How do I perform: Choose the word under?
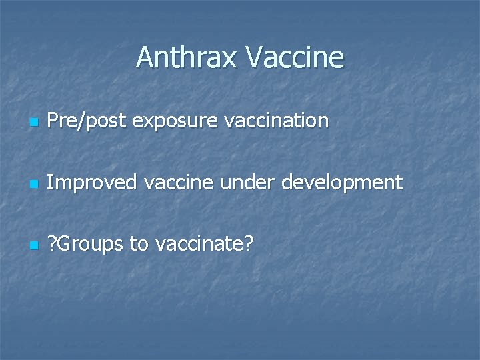pyautogui.click(x=253, y=183)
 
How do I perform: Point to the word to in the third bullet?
pyautogui.click(x=139, y=245)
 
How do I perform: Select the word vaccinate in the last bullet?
pyautogui.click(x=199, y=245)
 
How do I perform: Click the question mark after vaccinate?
pyautogui.click(x=248, y=244)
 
